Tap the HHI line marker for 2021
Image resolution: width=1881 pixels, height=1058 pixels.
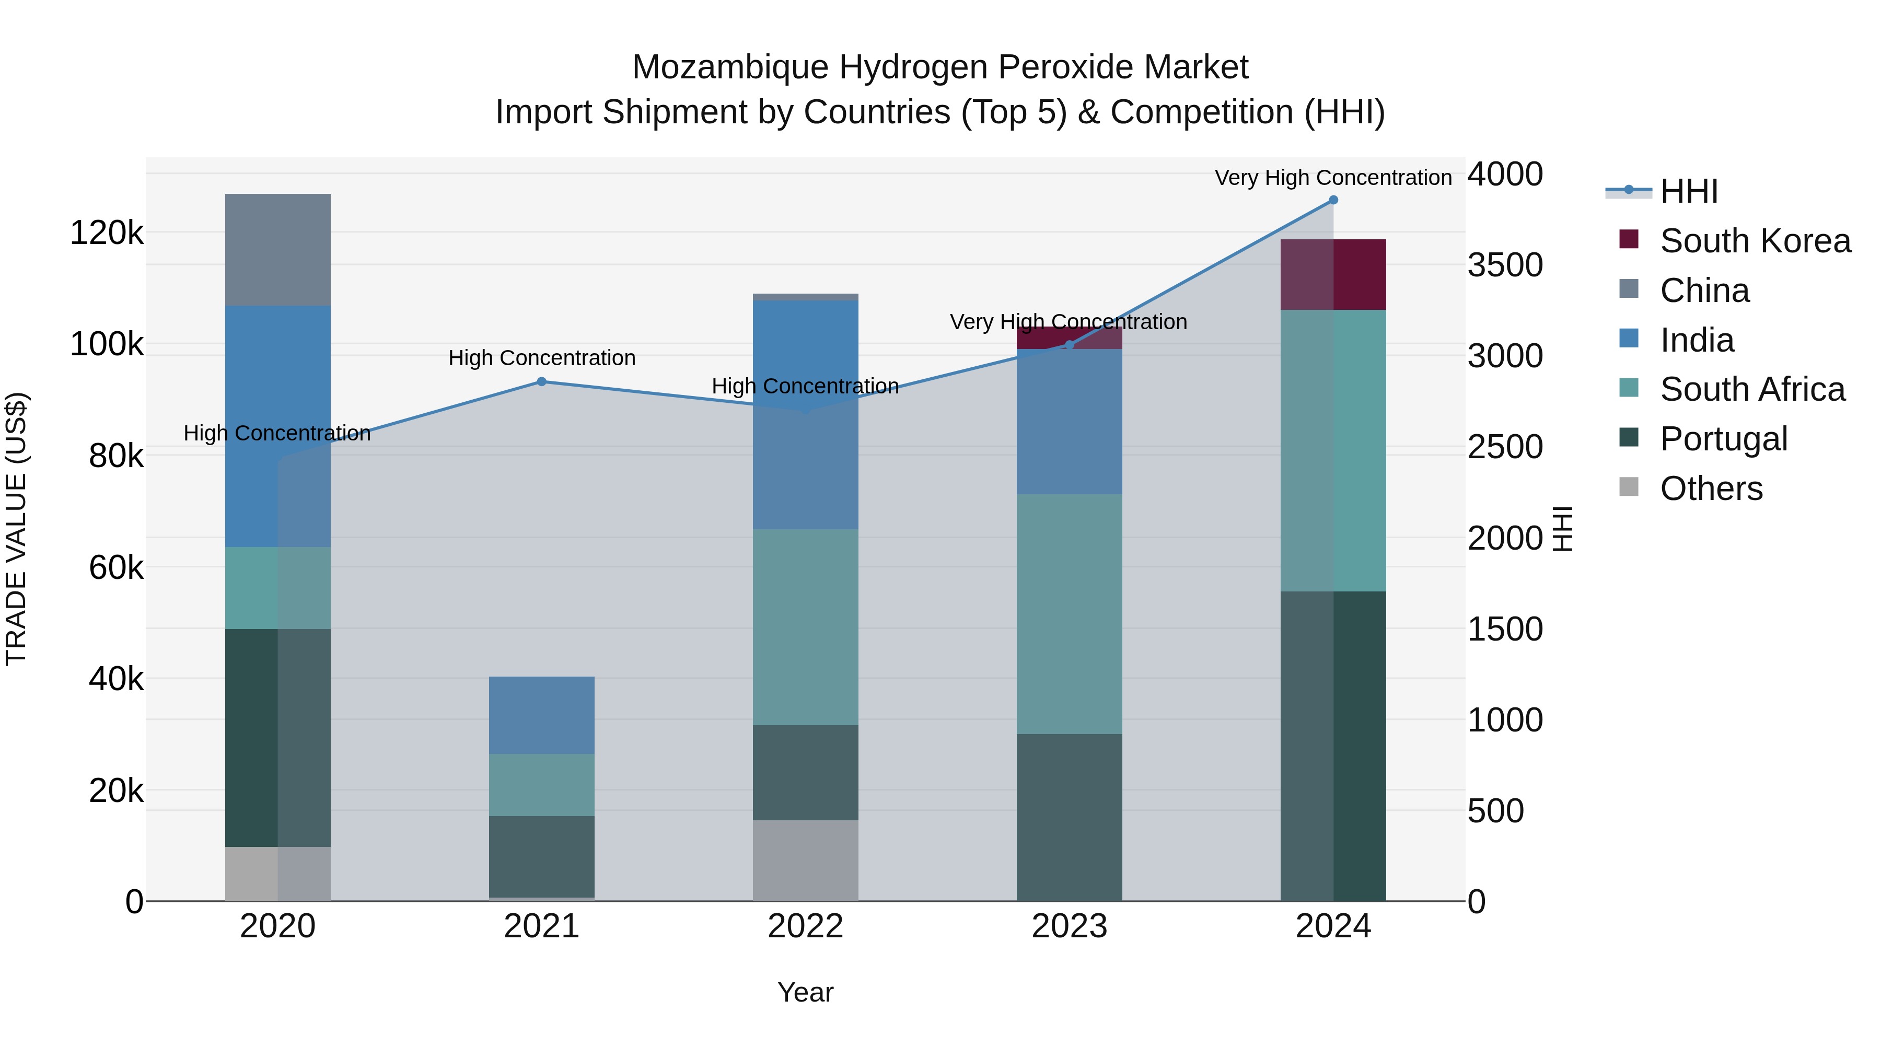(542, 382)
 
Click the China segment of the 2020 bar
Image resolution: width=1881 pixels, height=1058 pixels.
(277, 250)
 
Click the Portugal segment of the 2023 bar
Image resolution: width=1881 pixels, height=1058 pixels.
(1069, 817)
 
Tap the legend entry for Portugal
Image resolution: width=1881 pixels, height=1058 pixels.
(1723, 439)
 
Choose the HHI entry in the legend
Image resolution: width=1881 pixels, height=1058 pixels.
(1688, 191)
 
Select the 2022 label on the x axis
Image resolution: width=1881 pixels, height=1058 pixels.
(805, 926)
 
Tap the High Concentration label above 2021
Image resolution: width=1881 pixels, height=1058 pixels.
(542, 358)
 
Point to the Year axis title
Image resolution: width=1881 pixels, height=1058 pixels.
(805, 992)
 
